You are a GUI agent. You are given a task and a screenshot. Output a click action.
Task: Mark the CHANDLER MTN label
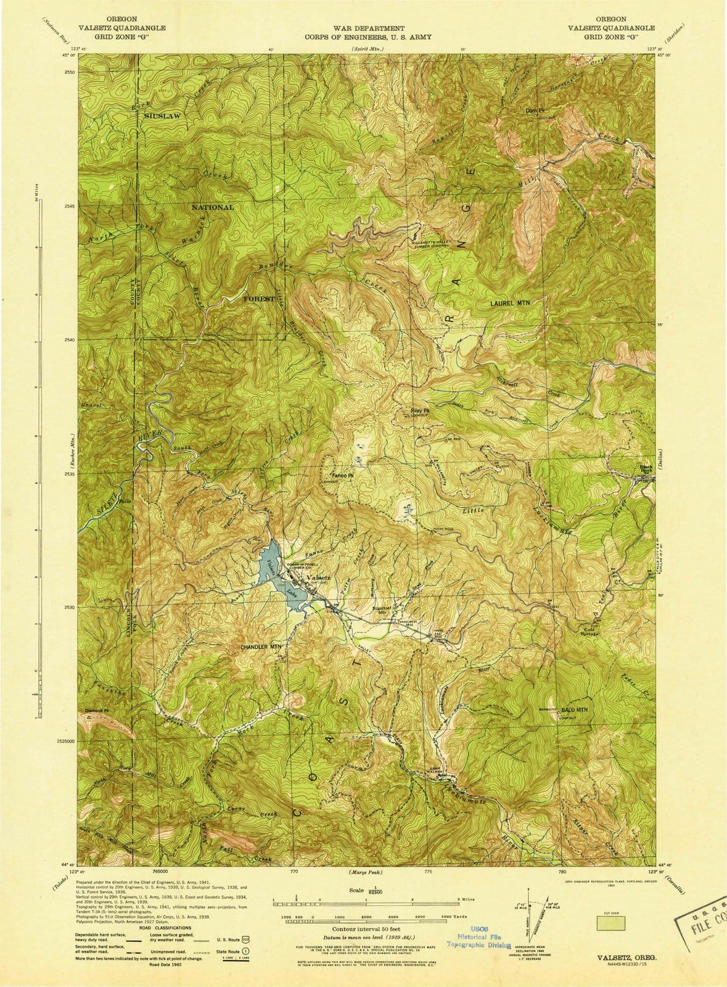pyautogui.click(x=261, y=647)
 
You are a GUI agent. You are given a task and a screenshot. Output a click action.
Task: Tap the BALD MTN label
pyautogui.click(x=574, y=711)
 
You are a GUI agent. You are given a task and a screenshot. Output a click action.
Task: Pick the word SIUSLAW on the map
pyautogui.click(x=164, y=115)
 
